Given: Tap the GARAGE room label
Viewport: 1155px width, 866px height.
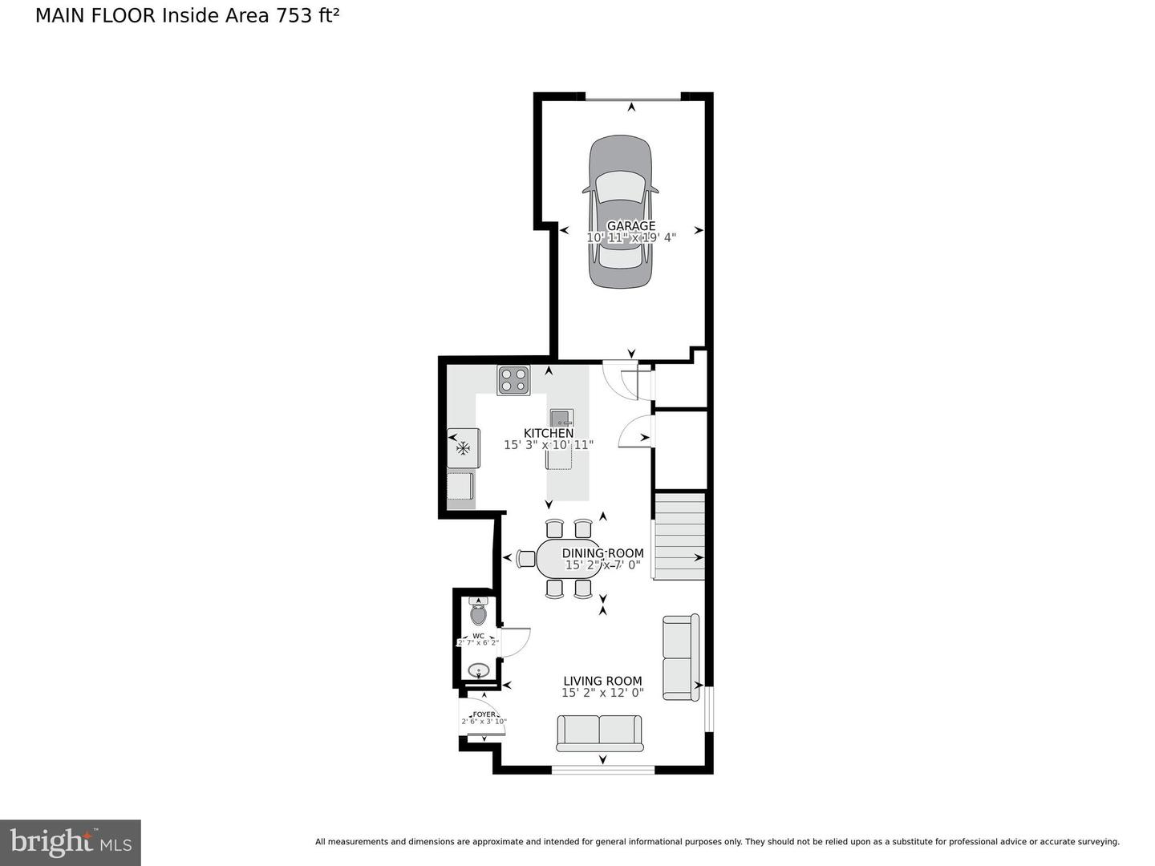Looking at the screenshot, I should (x=630, y=226).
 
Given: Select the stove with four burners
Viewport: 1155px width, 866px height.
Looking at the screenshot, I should (x=513, y=379).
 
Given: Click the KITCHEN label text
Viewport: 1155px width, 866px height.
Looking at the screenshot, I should (x=549, y=433).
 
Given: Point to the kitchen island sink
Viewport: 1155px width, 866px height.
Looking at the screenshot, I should (x=561, y=417).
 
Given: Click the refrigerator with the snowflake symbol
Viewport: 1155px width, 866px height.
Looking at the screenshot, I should (x=463, y=447).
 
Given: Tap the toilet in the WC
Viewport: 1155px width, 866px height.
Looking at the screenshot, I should (x=478, y=614).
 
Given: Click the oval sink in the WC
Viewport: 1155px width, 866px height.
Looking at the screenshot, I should (x=478, y=670).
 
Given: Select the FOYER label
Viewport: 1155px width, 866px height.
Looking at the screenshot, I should (x=484, y=714).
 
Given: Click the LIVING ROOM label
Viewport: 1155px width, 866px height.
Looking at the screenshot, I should (x=602, y=681).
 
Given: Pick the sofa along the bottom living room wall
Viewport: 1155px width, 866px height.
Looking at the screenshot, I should (x=599, y=733).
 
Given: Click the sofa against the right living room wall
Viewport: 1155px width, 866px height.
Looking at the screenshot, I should (x=681, y=657).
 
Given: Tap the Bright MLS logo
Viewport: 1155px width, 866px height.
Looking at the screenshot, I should (x=71, y=842).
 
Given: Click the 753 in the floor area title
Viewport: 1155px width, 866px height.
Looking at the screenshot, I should (x=294, y=15).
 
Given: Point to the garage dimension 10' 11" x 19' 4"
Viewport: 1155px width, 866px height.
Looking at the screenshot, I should (x=631, y=237).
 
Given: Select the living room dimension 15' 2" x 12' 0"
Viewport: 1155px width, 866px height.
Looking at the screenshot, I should (x=602, y=693).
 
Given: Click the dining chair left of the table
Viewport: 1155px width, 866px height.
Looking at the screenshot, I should (x=526, y=558).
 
